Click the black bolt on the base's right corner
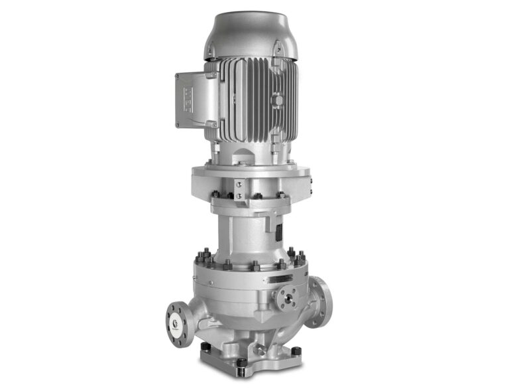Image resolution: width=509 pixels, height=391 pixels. (296, 351)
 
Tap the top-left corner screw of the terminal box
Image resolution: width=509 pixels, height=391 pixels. (178, 76)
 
